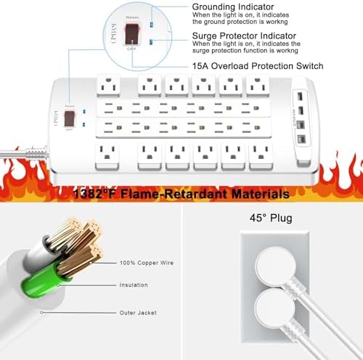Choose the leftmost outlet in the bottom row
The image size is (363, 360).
click(108, 154)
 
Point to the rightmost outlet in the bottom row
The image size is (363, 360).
click(259, 154)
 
